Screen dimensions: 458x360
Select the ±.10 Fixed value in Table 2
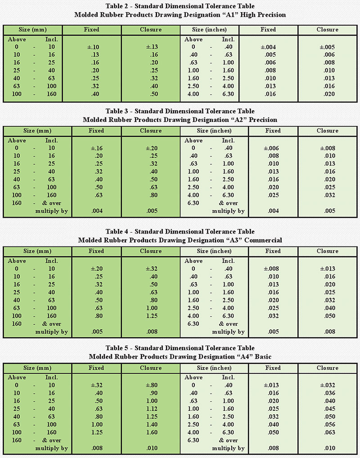[92, 47]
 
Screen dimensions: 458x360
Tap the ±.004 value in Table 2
[268, 47]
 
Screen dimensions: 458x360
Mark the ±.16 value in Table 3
[92, 148]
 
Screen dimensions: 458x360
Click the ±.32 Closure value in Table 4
[150, 268]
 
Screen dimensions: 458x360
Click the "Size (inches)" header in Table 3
[214, 131]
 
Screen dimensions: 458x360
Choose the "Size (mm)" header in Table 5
[32, 368]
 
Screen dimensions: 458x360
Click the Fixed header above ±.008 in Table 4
[268, 251]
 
